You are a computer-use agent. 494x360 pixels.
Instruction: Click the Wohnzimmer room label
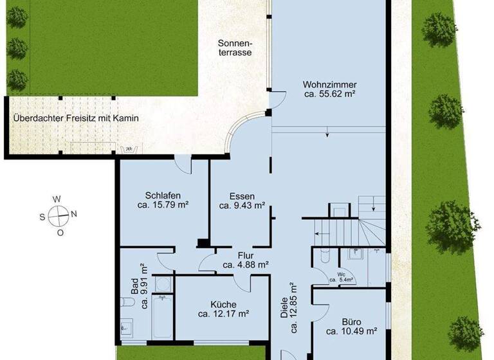(x=330, y=84)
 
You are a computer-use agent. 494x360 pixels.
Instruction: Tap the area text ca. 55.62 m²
(x=330, y=94)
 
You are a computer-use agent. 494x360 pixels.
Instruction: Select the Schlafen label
(x=162, y=196)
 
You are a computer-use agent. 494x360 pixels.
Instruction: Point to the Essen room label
(x=242, y=196)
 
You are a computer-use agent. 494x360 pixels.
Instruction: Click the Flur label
(x=245, y=255)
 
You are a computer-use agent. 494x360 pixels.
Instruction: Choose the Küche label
(x=223, y=305)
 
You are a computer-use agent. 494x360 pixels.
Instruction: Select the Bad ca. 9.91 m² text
(x=140, y=283)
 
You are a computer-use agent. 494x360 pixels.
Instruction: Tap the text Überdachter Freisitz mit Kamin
(x=76, y=118)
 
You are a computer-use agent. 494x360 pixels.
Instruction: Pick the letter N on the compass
(x=74, y=215)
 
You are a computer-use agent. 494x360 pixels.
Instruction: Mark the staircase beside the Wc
(x=347, y=228)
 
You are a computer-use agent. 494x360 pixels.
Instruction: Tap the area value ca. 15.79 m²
(x=162, y=206)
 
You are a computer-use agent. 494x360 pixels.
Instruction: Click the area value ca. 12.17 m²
(x=223, y=314)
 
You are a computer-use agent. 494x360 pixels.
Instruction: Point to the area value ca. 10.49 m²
(x=351, y=332)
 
